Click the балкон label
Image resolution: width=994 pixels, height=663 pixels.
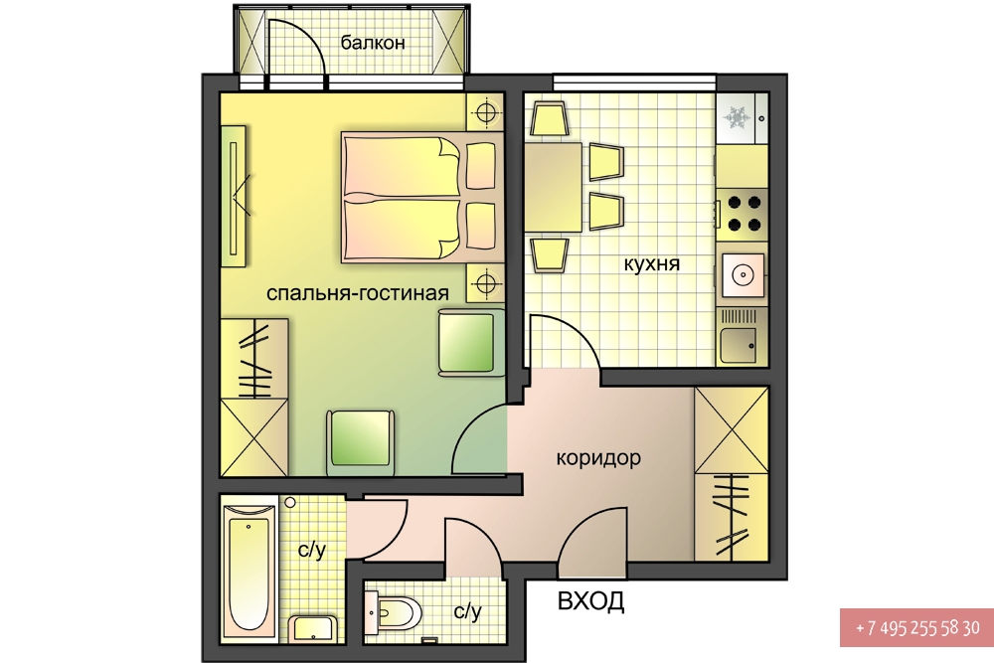[372, 43]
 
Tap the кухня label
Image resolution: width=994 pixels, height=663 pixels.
[652, 263]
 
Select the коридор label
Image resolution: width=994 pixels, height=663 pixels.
[598, 457]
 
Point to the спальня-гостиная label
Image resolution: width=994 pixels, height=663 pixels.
[358, 293]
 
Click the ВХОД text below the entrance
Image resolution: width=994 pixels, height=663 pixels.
[590, 601]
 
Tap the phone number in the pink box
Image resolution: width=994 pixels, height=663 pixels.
[917, 628]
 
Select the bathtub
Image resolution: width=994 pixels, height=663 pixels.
[249, 566]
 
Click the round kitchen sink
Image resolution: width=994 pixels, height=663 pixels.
[743, 275]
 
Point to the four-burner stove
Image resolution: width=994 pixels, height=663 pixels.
[743, 213]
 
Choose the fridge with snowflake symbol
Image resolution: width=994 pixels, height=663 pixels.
[743, 118]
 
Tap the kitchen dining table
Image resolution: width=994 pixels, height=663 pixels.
[554, 187]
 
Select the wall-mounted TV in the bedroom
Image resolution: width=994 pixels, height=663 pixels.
[234, 197]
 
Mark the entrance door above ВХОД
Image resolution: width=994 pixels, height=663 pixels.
[592, 543]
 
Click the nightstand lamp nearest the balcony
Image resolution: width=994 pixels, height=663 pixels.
[486, 113]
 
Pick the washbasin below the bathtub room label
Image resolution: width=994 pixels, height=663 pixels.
[314, 629]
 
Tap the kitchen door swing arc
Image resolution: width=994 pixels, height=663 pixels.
[565, 341]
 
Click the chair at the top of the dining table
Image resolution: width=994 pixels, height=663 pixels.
[549, 119]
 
